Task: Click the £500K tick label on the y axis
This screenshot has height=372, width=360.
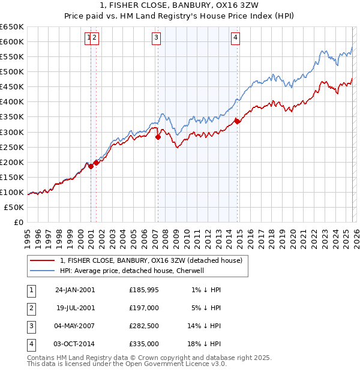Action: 12,71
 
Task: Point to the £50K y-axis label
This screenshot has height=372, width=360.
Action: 14,207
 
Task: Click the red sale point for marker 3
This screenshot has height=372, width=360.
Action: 158,137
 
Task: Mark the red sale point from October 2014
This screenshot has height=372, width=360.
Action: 237,121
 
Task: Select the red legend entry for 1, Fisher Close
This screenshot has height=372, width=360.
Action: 151,260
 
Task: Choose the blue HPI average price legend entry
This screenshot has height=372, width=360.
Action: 132,271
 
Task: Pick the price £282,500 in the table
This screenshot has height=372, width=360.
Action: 144,326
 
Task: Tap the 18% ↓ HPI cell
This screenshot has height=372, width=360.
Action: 204,344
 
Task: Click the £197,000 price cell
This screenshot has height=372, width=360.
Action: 144,308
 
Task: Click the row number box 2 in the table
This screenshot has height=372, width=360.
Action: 31,308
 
